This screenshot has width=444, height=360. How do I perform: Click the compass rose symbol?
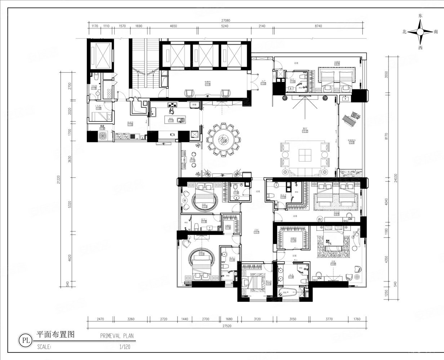point(420,32)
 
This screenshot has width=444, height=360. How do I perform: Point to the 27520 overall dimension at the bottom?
point(226,326)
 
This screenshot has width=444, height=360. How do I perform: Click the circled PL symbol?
point(26,339)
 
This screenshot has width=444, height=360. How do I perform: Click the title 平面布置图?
point(55,334)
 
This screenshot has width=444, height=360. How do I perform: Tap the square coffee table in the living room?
point(305,155)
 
